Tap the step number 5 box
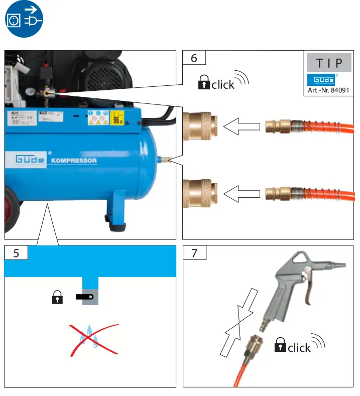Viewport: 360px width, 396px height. pyautogui.click(x=16, y=253)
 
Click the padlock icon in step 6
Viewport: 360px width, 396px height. pyautogui.click(x=203, y=83)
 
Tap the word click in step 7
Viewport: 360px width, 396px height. pyautogui.click(x=299, y=347)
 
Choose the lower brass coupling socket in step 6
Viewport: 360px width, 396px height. pyautogui.click(x=200, y=193)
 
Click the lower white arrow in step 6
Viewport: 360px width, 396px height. pyautogui.click(x=242, y=193)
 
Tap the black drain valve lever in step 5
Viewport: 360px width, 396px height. pyautogui.click(x=85, y=298)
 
